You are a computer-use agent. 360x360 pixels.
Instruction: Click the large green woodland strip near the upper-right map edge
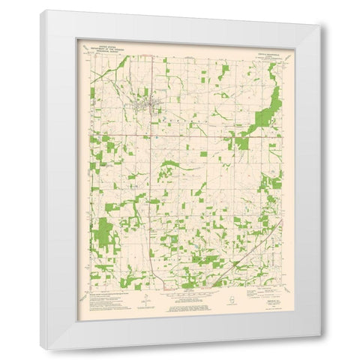(x=268, y=109)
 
